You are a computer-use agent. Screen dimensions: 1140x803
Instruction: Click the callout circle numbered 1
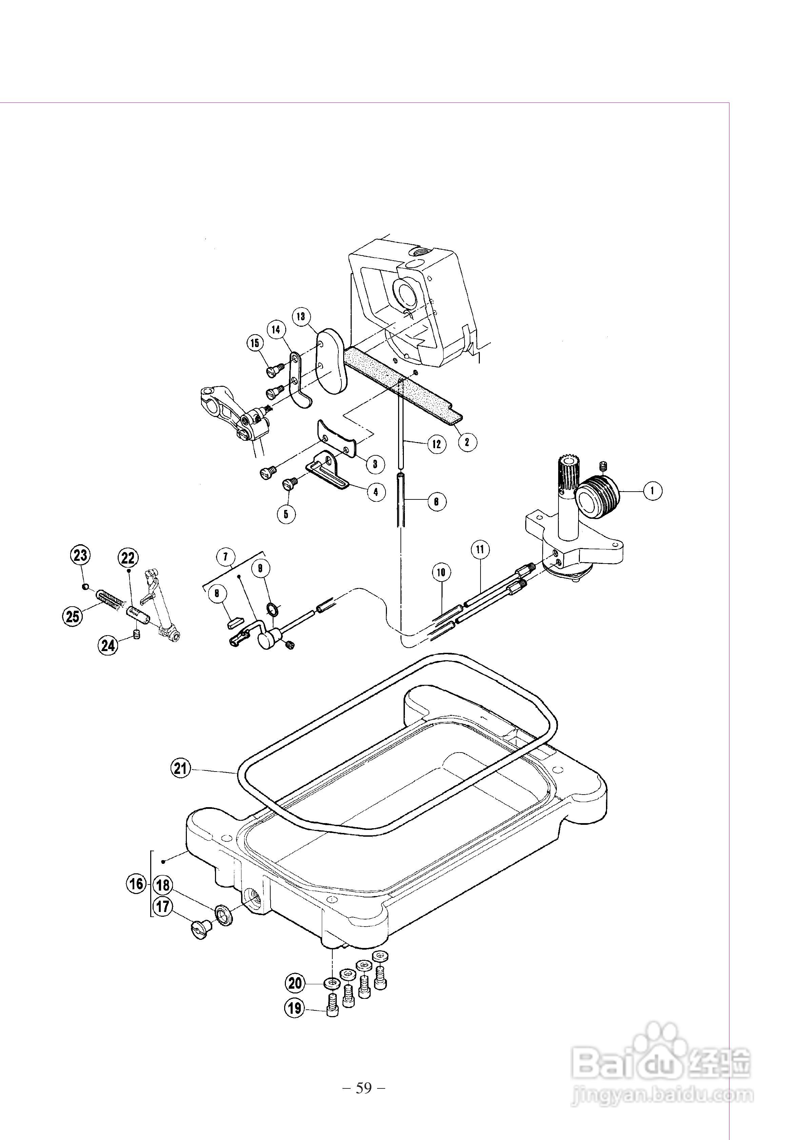click(652, 491)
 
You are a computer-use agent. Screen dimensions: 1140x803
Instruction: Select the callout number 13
click(301, 316)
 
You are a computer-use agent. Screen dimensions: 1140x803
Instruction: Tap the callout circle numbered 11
click(480, 549)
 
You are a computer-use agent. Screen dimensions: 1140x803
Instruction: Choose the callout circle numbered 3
click(375, 464)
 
